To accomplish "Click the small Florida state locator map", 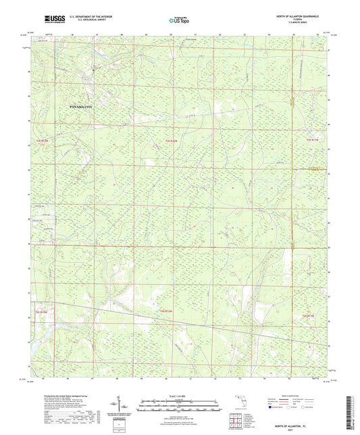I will (x=241, y=407).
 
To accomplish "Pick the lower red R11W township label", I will (x=309, y=315).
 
